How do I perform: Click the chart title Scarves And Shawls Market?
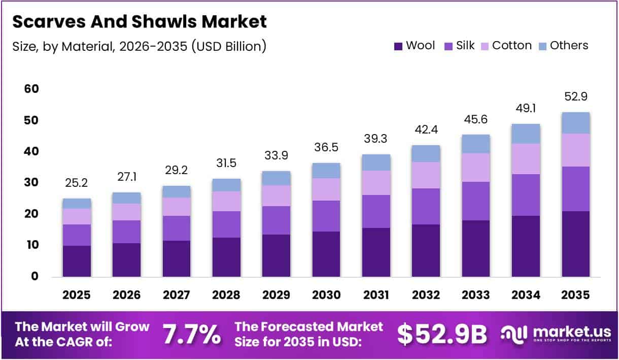(139, 22)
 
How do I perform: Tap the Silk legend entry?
(460, 46)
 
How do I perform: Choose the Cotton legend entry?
(506, 46)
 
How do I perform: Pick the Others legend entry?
(563, 46)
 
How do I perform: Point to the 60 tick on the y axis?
(31, 89)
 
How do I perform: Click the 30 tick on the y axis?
(31, 183)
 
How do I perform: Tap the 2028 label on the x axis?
(226, 295)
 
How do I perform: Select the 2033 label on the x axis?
(476, 295)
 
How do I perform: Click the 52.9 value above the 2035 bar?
(576, 96)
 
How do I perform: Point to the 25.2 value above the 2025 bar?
(77, 182)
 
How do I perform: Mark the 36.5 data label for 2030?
(326, 147)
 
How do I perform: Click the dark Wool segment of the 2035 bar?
(576, 244)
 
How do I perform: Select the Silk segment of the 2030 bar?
(326, 216)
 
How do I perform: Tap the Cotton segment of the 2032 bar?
(426, 175)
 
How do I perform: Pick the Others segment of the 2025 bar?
(77, 203)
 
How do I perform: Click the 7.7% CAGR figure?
(191, 334)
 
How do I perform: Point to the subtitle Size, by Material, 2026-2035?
(139, 46)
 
